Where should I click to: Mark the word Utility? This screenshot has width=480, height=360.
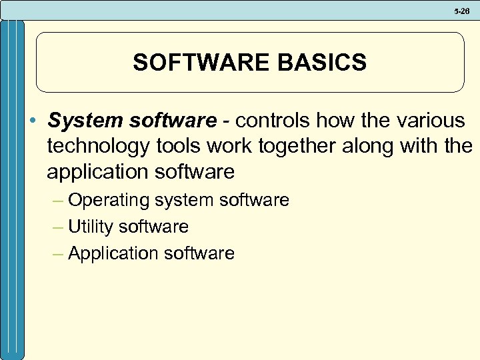[91, 227]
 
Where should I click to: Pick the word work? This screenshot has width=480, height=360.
[231, 147]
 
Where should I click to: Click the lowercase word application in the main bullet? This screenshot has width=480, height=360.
[98, 172]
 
